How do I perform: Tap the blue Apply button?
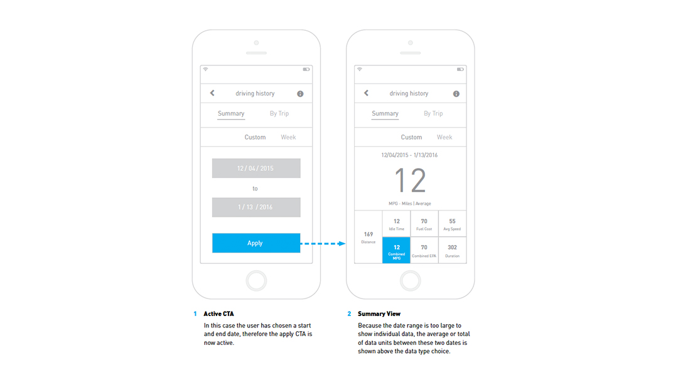coord(256,243)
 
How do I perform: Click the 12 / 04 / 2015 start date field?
coord(256,168)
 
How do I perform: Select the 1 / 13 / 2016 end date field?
coord(256,207)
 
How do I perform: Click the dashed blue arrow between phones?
coord(323,244)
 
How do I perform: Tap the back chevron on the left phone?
coord(212,93)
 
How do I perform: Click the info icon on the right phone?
coord(456,94)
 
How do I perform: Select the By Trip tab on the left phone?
coord(279,113)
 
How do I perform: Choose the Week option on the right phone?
coord(444,137)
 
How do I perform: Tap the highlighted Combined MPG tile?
coord(396,250)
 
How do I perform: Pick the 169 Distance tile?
coord(369,237)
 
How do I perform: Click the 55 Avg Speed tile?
coord(452,224)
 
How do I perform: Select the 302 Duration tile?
coord(452,250)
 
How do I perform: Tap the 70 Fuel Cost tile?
coord(424,224)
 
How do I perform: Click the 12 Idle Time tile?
coord(397,224)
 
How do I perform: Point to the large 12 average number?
coord(411,180)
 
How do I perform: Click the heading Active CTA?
coord(219,314)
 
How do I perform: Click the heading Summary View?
coord(379,314)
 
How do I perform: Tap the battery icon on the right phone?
coord(461,69)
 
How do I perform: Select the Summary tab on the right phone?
coord(385,113)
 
